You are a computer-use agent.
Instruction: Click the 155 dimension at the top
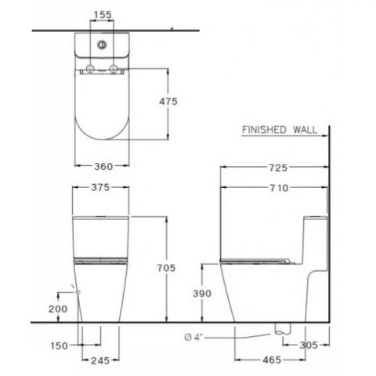pos(100,14)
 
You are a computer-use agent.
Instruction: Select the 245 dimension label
pos(100,361)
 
